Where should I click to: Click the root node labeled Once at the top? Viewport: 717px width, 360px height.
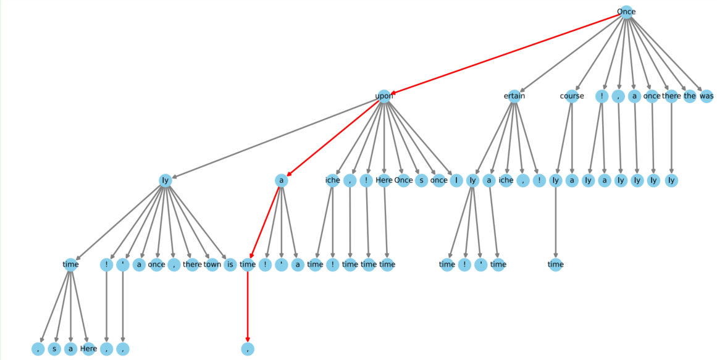[626, 12]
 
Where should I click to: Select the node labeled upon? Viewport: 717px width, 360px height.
[384, 96]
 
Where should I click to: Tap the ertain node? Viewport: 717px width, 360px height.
[514, 96]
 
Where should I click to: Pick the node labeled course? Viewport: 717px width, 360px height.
[572, 96]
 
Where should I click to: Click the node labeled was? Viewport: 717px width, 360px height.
[707, 96]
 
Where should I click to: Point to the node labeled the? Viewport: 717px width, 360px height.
[690, 96]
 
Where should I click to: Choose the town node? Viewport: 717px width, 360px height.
[212, 264]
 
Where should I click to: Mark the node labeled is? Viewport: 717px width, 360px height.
[230, 264]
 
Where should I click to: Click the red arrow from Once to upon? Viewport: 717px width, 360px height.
[505, 54]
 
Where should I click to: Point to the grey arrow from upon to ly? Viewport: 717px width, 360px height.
[274, 138]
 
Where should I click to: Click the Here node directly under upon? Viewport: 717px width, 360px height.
[384, 180]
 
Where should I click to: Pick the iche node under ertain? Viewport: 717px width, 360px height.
[506, 180]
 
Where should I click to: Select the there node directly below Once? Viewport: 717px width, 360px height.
[671, 96]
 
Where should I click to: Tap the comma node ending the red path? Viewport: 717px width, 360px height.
[248, 349]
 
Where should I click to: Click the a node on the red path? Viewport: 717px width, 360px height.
[282, 180]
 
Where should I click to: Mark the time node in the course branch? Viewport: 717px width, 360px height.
[556, 264]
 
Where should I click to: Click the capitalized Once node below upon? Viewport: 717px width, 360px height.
[403, 180]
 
